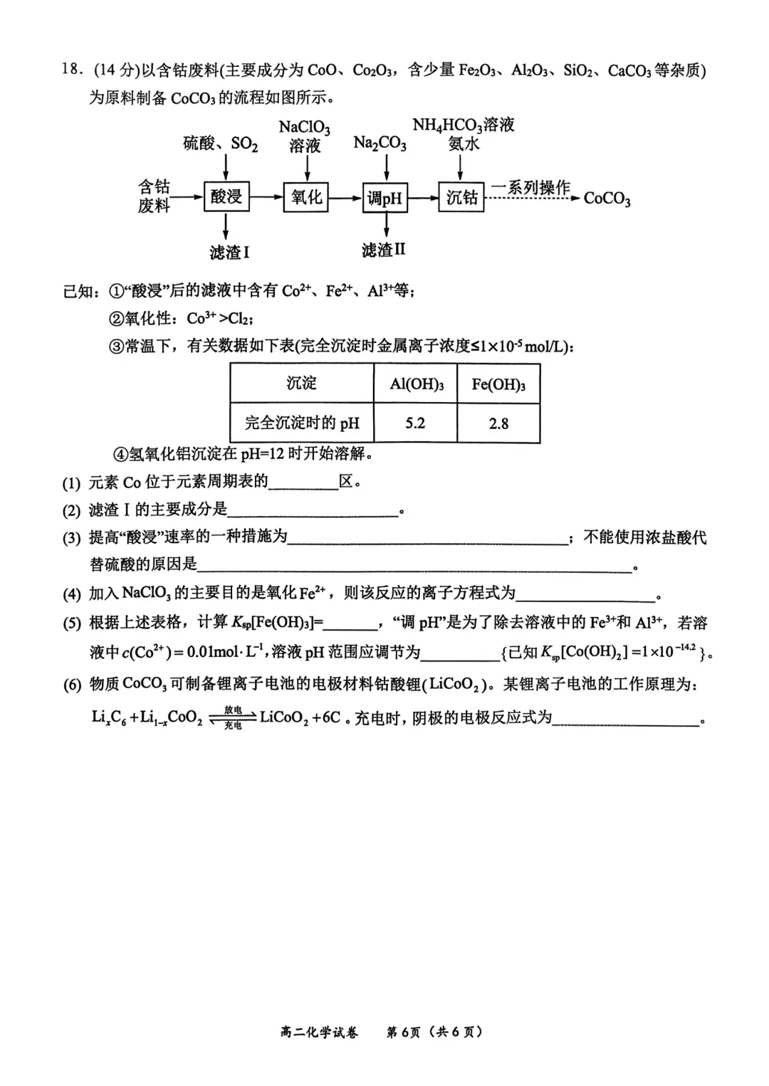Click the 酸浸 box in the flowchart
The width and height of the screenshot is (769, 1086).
(x=226, y=196)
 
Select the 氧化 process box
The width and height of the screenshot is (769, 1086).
(x=306, y=196)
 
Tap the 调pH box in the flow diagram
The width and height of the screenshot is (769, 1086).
(x=385, y=198)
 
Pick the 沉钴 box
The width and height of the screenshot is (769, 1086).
(x=461, y=196)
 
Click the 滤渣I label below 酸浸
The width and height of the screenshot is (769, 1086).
(x=229, y=252)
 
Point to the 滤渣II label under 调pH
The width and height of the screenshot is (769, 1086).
(x=383, y=250)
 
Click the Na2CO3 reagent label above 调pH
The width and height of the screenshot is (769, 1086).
(x=380, y=144)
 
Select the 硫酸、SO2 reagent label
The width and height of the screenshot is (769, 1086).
(x=220, y=144)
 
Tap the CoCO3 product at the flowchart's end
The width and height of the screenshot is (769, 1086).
(x=607, y=199)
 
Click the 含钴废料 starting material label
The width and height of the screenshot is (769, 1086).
(x=154, y=196)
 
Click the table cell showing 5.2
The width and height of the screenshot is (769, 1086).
(x=415, y=423)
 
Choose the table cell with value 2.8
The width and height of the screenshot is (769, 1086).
(x=498, y=423)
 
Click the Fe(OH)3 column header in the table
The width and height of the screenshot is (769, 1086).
(x=498, y=384)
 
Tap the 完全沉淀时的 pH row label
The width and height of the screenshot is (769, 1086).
(x=302, y=423)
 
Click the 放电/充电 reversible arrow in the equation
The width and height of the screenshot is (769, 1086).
(x=232, y=717)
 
